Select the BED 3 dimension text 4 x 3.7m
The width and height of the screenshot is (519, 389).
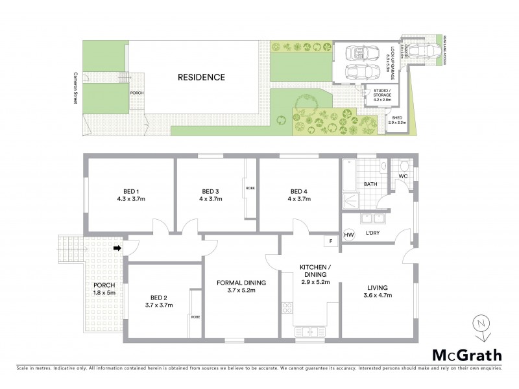coord(208,199)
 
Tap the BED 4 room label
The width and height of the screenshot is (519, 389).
coord(298,191)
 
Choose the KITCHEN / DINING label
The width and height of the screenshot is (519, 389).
coord(315,271)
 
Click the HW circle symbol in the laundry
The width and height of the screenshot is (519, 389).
coord(349,235)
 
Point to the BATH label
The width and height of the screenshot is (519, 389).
coord(370,184)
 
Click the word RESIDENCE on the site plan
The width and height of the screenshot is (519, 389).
coord(201,77)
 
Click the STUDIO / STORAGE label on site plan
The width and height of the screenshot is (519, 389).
coord(382,95)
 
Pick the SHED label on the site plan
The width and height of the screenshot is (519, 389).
coord(396,119)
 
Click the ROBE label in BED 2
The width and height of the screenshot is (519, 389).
coord(195,317)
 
